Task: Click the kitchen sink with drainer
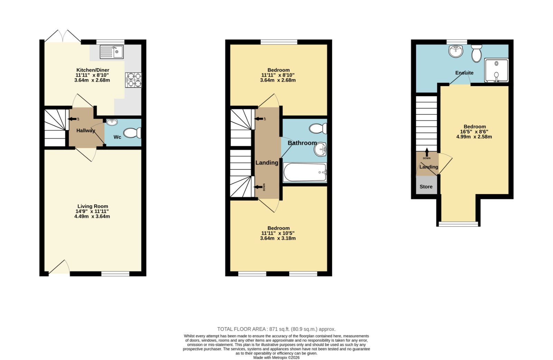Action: (112, 52)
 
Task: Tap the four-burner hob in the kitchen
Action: (133, 80)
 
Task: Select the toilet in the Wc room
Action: (132, 133)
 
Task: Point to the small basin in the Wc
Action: (112, 122)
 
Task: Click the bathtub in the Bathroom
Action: (305, 172)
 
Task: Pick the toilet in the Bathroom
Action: (318, 129)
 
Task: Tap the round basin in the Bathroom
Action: (320, 149)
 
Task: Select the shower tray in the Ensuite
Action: (496, 70)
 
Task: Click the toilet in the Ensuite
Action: (477, 53)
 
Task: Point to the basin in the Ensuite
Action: (456, 51)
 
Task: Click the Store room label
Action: (426, 187)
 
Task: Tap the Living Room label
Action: (93, 206)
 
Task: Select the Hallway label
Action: (85, 131)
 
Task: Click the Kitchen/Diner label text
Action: (93, 70)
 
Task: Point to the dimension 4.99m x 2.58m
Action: (474, 137)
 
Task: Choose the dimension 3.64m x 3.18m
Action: (278, 238)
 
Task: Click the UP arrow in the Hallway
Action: (72, 119)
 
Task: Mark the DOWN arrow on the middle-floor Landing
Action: (259, 187)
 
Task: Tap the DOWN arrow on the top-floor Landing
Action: (427, 152)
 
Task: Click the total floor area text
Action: (276, 329)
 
